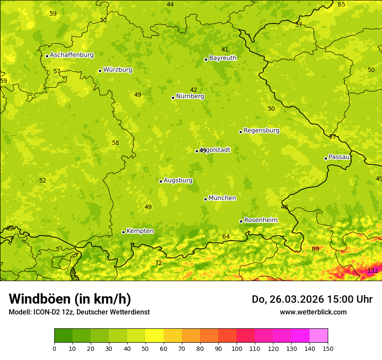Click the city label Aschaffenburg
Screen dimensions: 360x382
[72, 55]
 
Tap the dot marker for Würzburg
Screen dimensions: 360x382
[100, 71]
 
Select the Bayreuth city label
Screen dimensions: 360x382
[223, 58]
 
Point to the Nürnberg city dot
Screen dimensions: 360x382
[173, 98]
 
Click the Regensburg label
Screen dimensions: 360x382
[261, 131]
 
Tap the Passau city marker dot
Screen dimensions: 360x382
[326, 158]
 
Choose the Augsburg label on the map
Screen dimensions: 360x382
[178, 180]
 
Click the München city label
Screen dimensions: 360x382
[222, 198]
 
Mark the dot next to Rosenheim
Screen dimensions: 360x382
[241, 221]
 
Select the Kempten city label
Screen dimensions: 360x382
[140, 231]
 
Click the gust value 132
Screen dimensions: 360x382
[372, 271]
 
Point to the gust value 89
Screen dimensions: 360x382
[315, 249]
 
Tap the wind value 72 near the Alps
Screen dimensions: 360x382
[158, 263]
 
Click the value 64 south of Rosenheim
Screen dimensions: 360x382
[226, 236]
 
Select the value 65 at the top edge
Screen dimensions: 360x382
[342, 4]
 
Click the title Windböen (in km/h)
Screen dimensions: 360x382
[70, 299]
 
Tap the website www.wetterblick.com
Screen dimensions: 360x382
[313, 312]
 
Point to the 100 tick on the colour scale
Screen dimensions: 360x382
[237, 348]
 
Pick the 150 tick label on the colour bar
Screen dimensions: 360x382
[328, 348]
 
